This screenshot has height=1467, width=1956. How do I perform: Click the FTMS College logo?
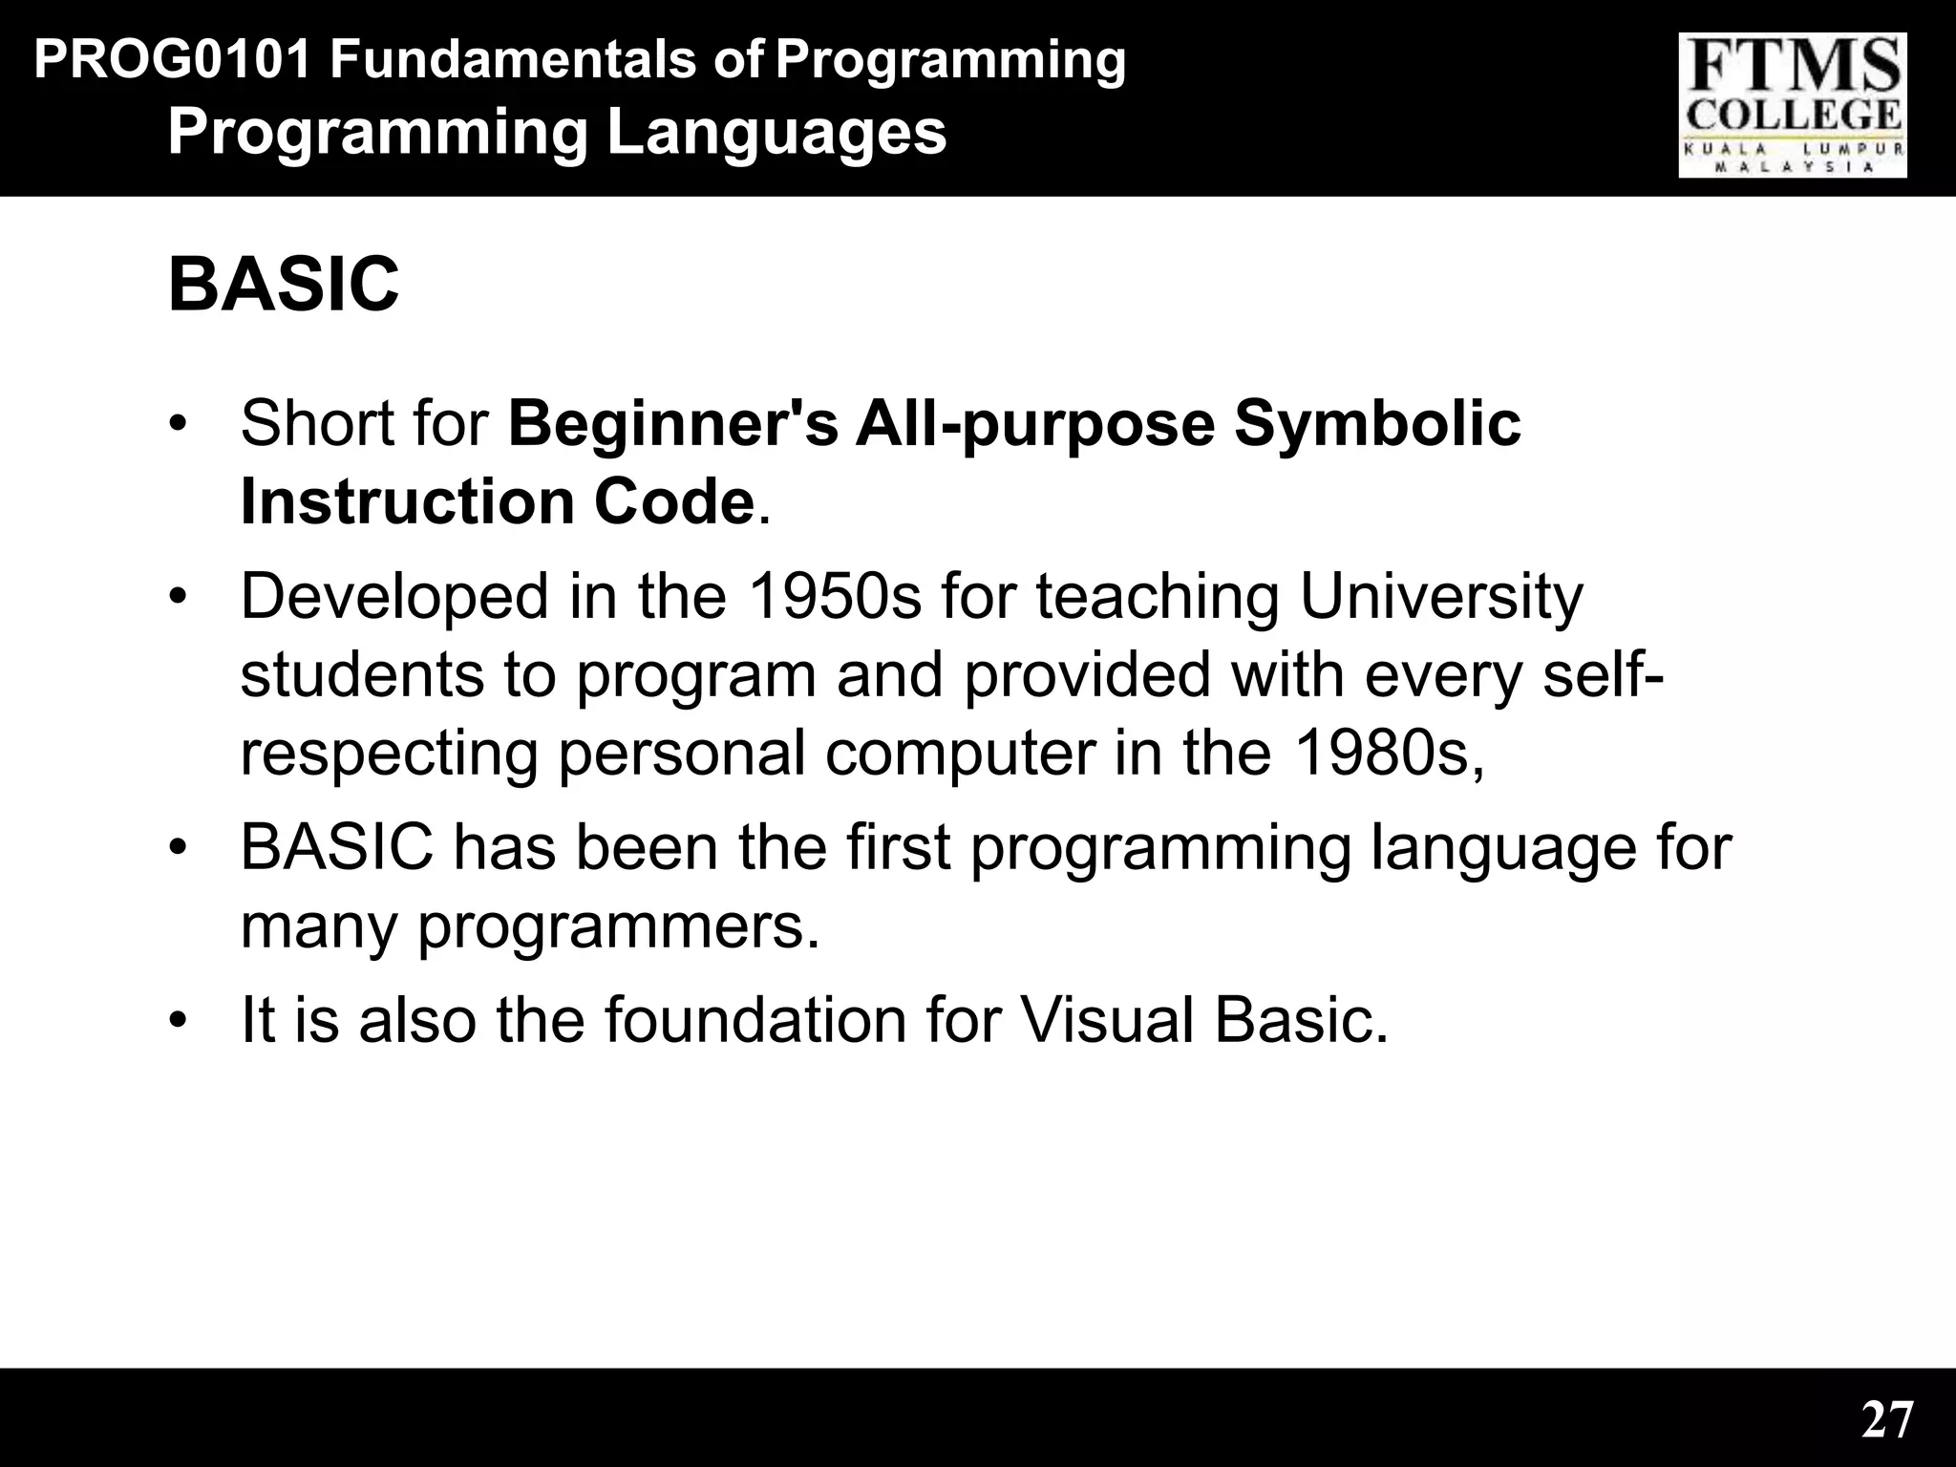(1793, 105)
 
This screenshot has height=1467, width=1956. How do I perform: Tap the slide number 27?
(1887, 1420)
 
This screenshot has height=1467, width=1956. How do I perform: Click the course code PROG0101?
(173, 61)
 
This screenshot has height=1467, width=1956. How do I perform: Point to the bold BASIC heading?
(283, 285)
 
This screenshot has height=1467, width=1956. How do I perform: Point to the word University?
(1441, 598)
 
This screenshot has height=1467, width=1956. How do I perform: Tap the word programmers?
(618, 926)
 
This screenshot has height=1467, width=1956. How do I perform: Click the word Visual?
(1107, 1020)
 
